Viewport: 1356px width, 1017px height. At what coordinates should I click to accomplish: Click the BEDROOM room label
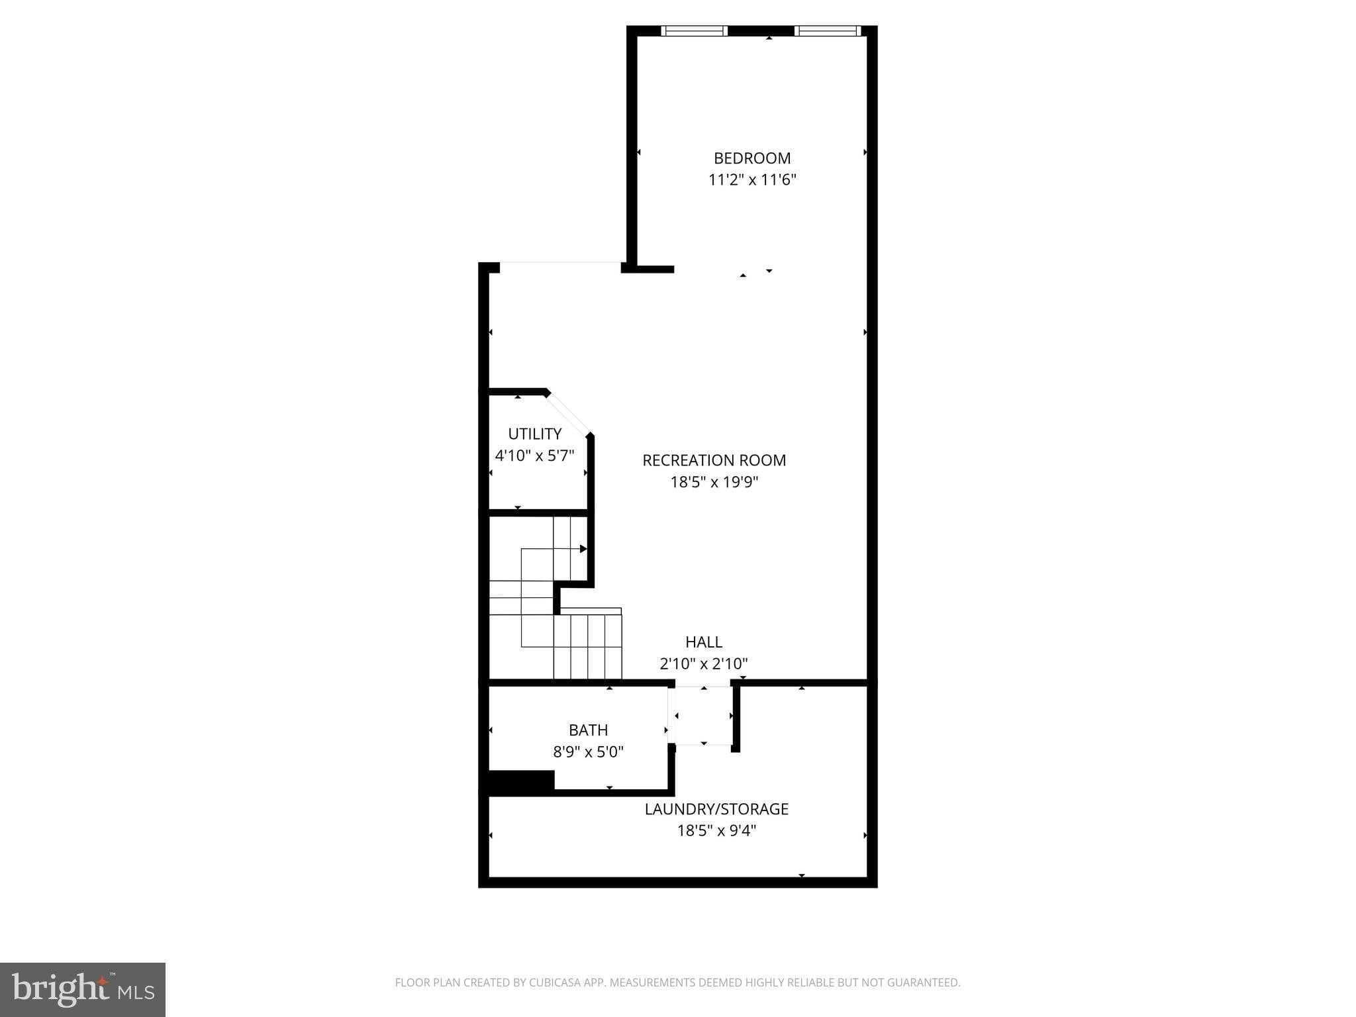pos(752,158)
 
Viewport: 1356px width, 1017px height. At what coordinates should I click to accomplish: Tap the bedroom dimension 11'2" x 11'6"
pos(752,180)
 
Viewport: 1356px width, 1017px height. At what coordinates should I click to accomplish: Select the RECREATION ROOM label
pos(714,460)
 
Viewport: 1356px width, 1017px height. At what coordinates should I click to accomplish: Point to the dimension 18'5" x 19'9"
pos(714,482)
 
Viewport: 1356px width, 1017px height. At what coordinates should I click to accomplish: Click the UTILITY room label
pos(534,434)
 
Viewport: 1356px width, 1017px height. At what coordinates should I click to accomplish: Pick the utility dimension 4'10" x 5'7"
pos(534,456)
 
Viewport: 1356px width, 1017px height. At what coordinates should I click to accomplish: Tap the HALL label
pos(703,642)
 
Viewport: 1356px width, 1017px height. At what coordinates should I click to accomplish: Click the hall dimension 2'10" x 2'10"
pos(703,663)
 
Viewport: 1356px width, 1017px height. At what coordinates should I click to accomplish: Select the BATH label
pos(588,730)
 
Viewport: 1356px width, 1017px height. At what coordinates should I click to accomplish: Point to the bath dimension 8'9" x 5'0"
pos(588,751)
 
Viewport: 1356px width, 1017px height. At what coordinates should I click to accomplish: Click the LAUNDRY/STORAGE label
pos(716,808)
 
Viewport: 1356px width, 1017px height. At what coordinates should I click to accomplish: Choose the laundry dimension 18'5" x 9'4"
pos(716,830)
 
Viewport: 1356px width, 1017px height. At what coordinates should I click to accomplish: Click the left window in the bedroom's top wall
pos(694,30)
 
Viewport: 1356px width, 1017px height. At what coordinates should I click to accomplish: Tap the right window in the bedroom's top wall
pos(826,30)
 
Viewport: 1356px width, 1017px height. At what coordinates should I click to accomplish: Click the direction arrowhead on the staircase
pos(583,549)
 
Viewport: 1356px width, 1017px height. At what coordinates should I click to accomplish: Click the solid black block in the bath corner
pos(520,781)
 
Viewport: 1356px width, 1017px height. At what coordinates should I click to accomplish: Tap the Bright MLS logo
pos(83,990)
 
